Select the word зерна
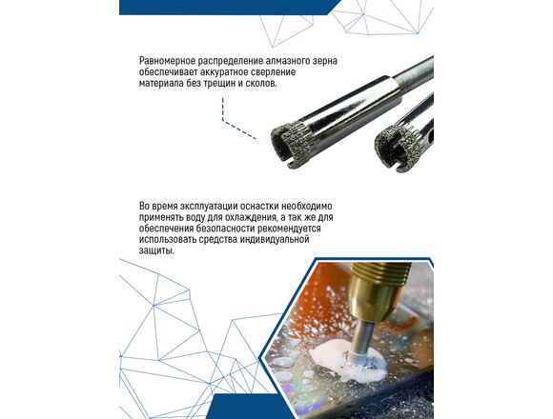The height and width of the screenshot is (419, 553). tap(324, 61)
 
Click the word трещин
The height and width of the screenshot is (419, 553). tap(219, 84)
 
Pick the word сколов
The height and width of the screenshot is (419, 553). tap(261, 84)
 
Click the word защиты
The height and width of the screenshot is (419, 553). tap(156, 251)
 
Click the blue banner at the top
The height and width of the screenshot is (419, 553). tap(226, 7)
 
